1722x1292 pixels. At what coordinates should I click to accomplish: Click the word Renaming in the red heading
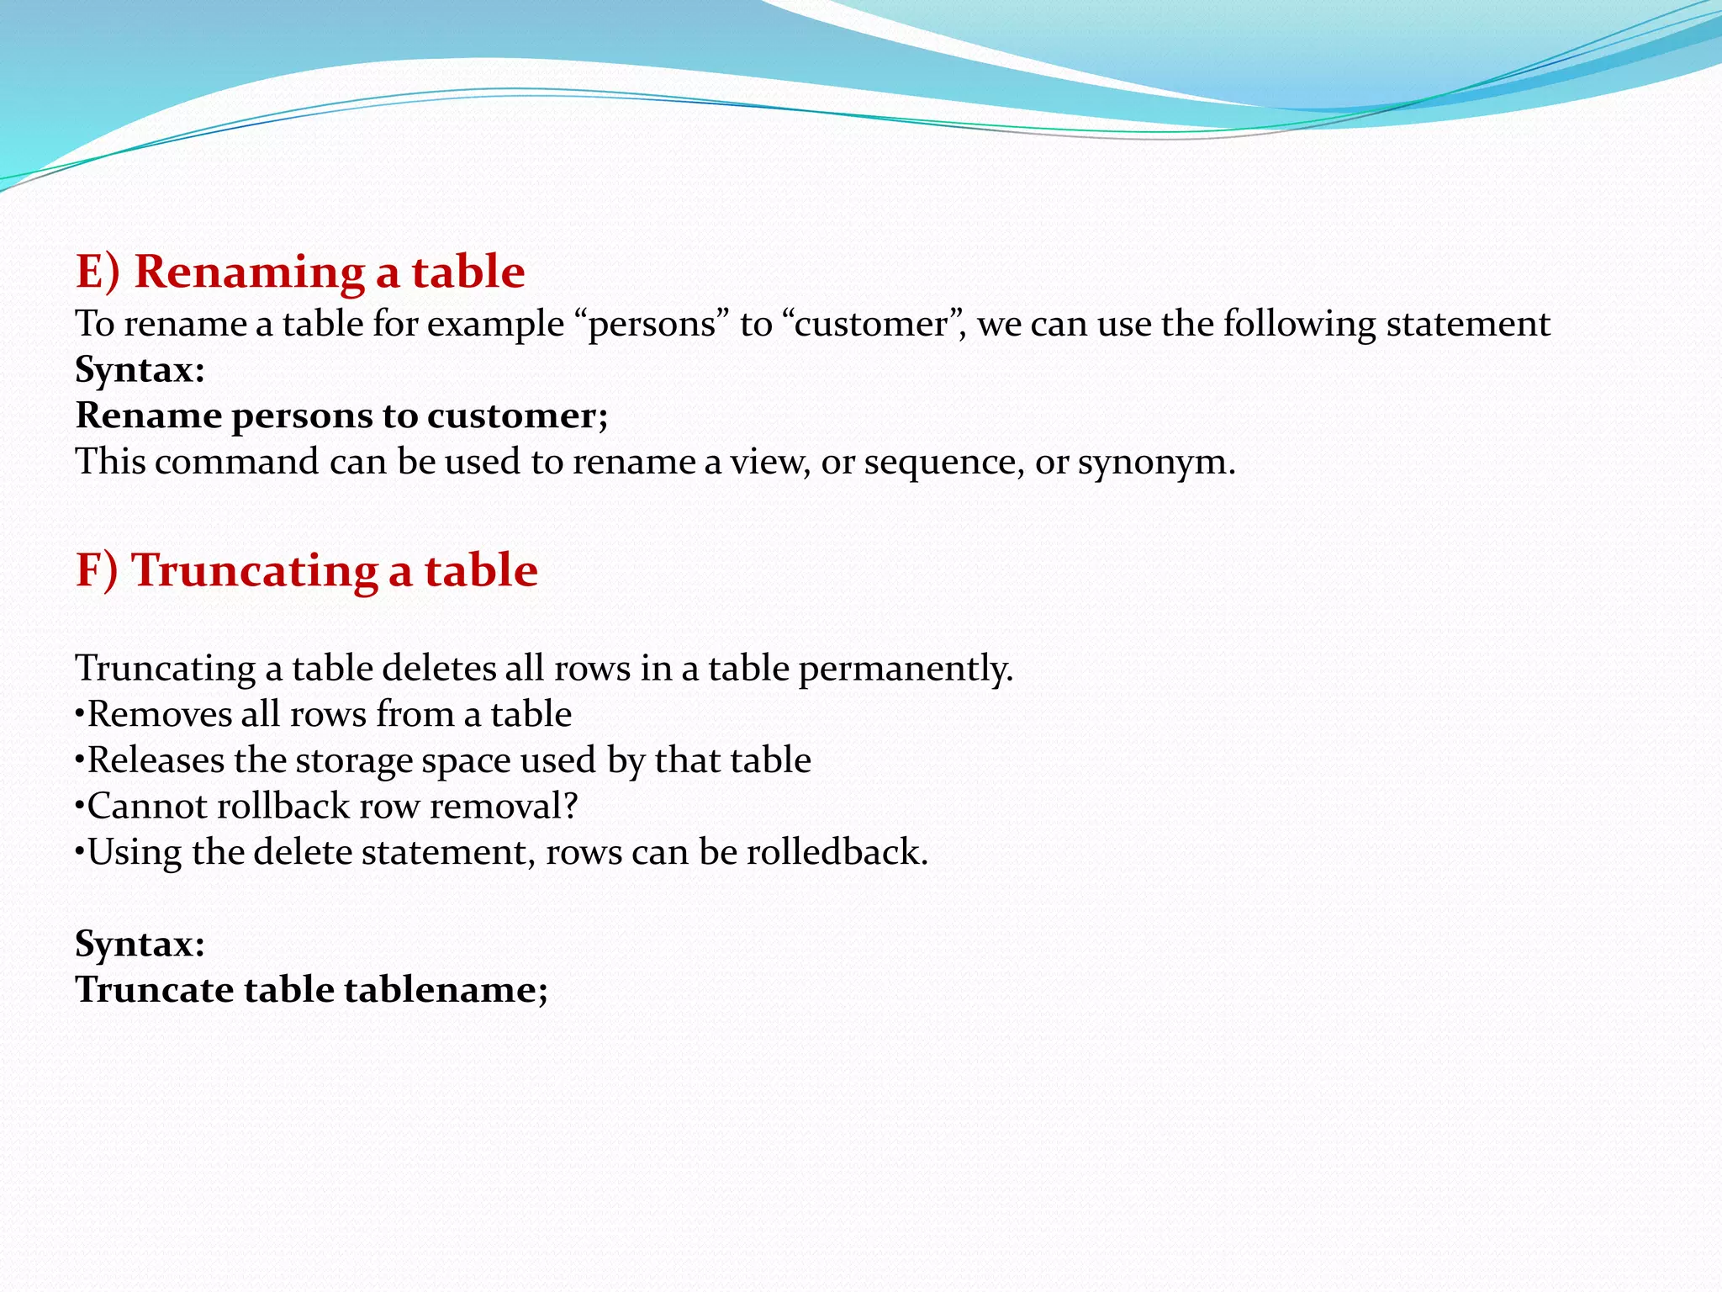pos(249,272)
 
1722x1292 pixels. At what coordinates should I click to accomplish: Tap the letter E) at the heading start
pos(98,272)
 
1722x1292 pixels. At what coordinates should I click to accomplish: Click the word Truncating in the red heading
pos(255,570)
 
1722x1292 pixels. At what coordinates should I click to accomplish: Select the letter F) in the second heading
pos(96,570)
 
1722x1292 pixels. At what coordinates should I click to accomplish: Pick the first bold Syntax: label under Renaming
pos(140,370)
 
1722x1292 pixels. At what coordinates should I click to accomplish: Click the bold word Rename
pos(148,416)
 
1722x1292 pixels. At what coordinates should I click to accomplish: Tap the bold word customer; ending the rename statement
pos(516,416)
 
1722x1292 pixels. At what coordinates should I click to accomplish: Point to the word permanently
pos(906,669)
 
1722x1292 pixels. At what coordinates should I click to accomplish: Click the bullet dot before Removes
pos(80,715)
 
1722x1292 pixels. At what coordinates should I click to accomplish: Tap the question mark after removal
pos(571,806)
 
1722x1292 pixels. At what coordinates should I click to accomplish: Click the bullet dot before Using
pos(80,852)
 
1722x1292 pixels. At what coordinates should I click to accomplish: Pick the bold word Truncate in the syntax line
pos(154,990)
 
